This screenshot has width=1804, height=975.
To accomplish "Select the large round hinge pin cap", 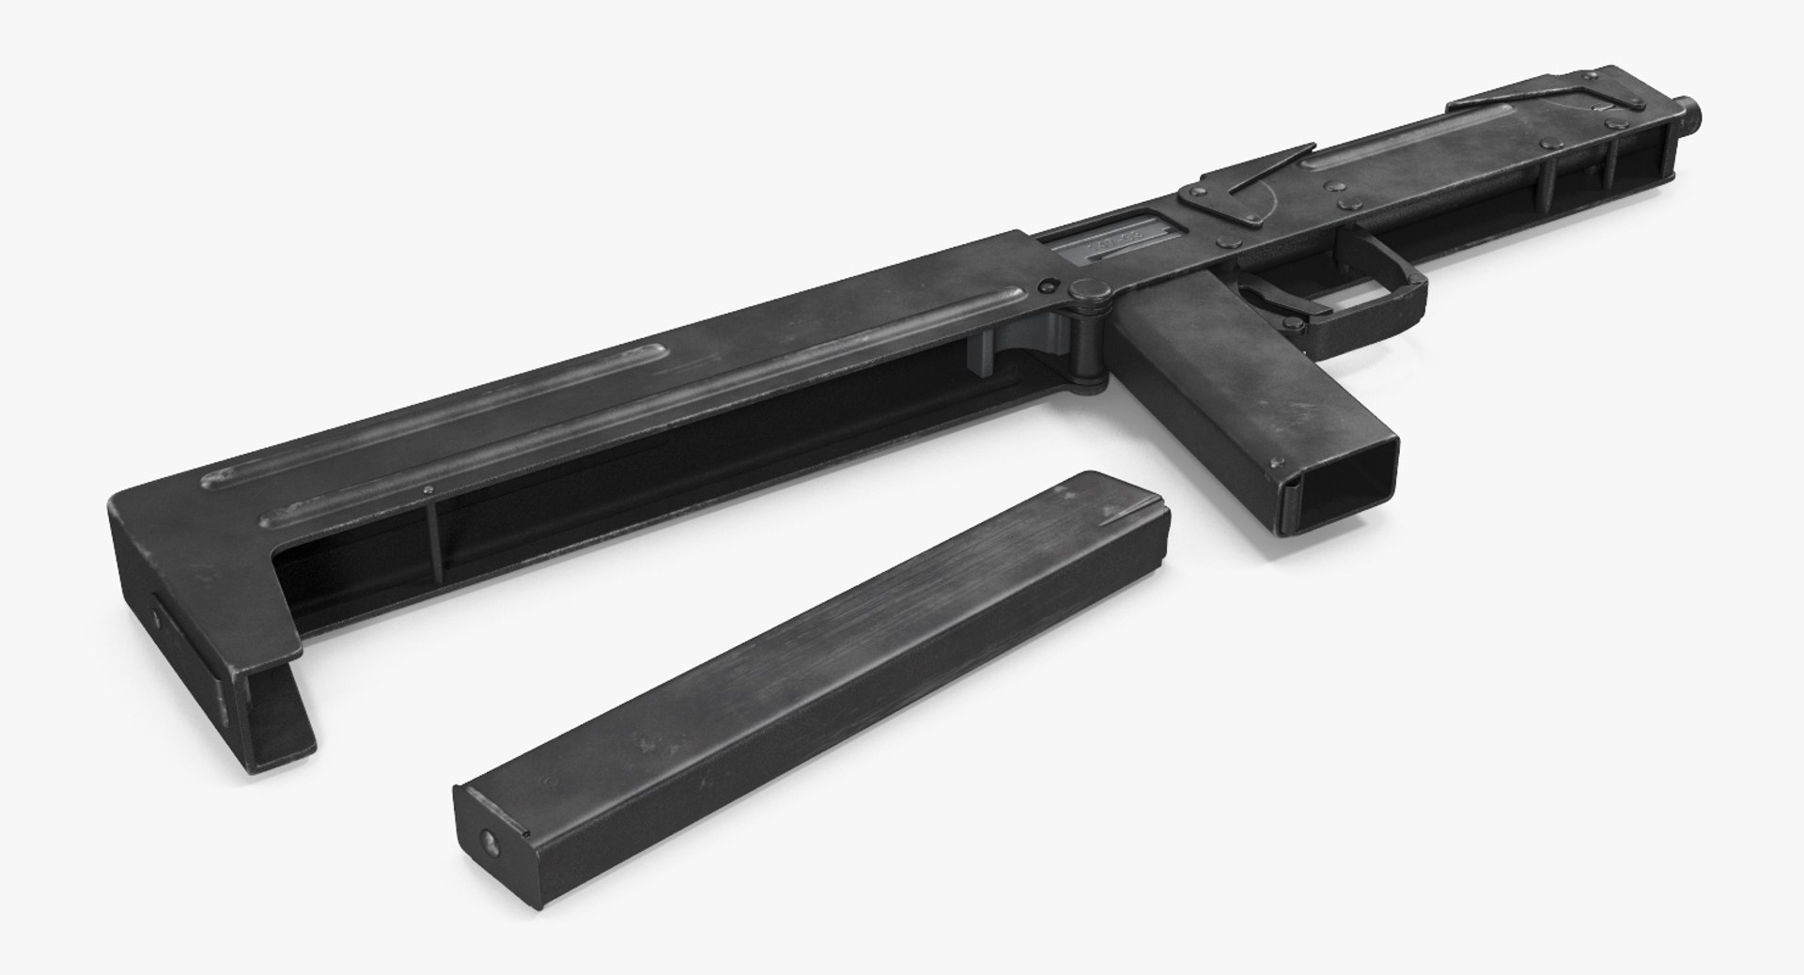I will [x=1087, y=292].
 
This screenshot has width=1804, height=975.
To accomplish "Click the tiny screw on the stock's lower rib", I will [x=428, y=490].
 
